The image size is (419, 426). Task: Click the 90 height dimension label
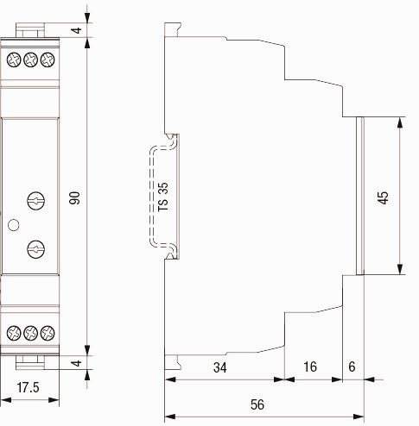coord(74,197)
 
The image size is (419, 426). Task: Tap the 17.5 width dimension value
coord(28,387)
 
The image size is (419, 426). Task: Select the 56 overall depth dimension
coord(257,404)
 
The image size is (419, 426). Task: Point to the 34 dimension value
coord(220,367)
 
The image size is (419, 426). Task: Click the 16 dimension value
coord(310,366)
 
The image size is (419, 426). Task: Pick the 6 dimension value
coord(352,366)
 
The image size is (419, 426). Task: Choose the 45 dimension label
coord(384,197)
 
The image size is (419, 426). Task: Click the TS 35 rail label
coord(163,197)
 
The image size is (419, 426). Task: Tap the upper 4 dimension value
coord(77,30)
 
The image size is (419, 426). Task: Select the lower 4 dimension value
coord(77,363)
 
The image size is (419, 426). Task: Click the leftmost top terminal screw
coord(14,60)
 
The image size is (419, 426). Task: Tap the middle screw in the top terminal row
coord(30,60)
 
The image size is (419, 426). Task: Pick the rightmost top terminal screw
coord(48,60)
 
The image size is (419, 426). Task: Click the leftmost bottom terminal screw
coord(14,333)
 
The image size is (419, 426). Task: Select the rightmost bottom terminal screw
coord(48,333)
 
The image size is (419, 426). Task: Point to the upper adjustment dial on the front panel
coord(35,201)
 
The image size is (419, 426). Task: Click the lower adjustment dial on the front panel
coord(35,249)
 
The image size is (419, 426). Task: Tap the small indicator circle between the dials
coord(13,225)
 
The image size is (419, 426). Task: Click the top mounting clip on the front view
coord(30,30)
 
